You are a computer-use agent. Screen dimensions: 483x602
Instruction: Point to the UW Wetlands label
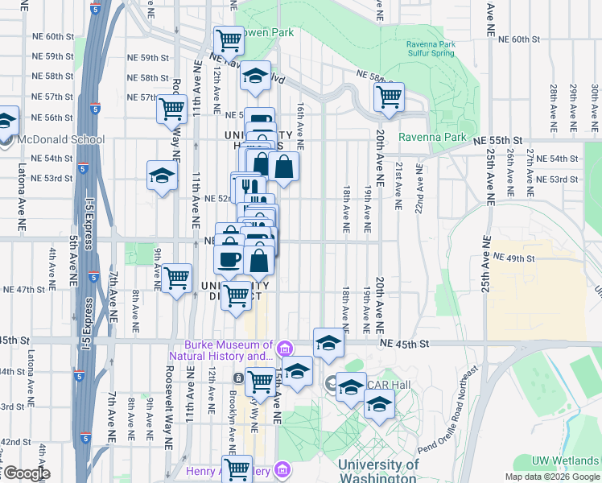(x=563, y=461)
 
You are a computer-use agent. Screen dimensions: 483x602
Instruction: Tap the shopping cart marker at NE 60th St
(x=229, y=39)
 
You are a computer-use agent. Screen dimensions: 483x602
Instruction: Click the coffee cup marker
(x=229, y=258)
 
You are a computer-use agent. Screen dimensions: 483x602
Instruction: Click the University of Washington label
(x=378, y=470)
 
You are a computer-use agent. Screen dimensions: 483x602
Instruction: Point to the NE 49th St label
(x=514, y=258)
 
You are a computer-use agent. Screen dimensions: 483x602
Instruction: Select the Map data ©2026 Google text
(x=551, y=477)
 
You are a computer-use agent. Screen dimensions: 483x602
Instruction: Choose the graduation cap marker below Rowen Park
(x=256, y=76)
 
